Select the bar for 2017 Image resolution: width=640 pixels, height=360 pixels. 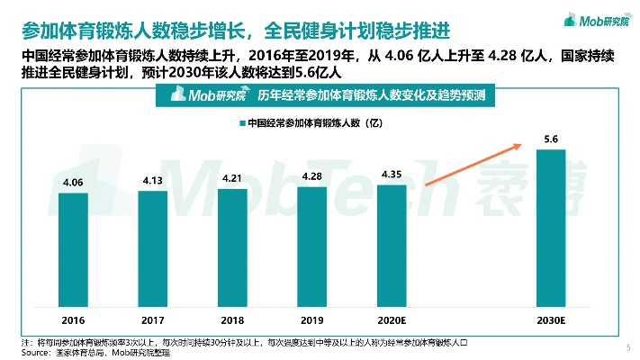coord(153,248)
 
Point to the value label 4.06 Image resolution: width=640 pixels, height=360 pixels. coord(73,183)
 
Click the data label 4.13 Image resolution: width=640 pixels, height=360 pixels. coord(153,180)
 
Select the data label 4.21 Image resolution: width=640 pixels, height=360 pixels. coord(232,178)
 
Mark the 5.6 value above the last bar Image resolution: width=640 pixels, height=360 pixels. coord(551,139)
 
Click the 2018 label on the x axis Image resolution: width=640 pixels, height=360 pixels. coord(232,319)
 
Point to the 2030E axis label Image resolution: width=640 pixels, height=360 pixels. coord(551,319)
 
